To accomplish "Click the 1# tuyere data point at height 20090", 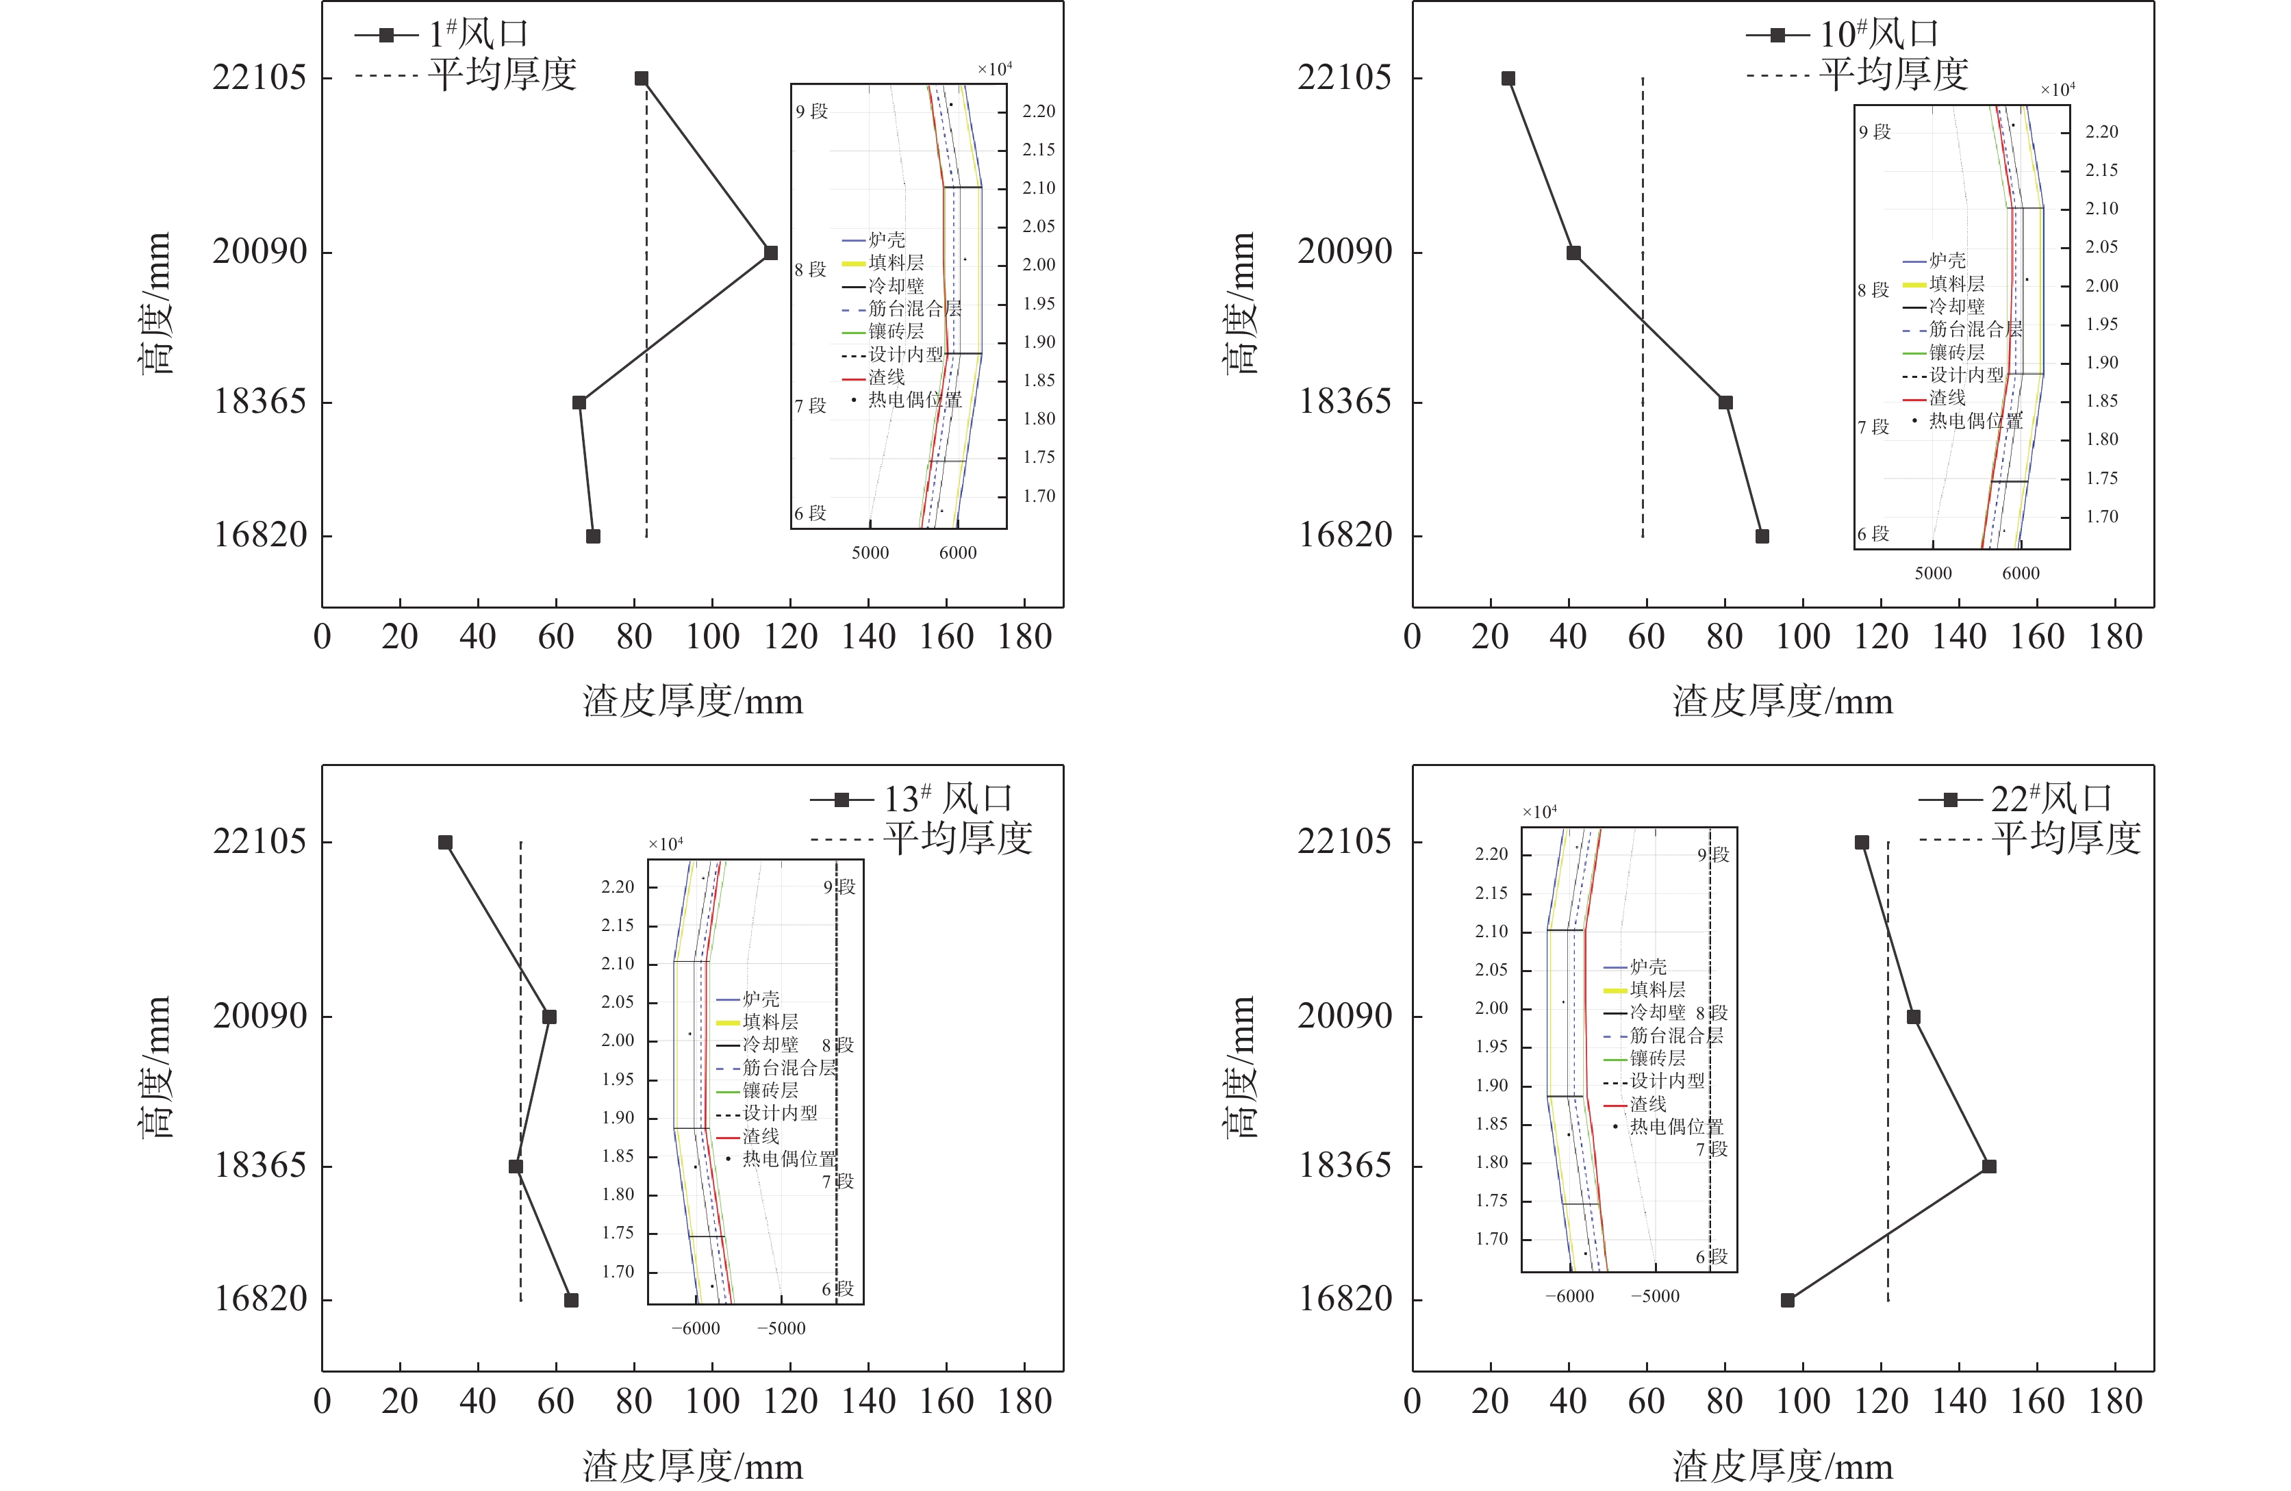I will pyautogui.click(x=770, y=253).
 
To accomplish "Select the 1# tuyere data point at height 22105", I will pyautogui.click(x=641, y=78).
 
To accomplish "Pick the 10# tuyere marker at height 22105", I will pyautogui.click(x=1508, y=78).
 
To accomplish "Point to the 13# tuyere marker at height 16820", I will pyautogui.click(x=571, y=1301).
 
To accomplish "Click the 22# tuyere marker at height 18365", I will pyautogui.click(x=1989, y=1167).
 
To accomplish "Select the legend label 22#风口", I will pyautogui.click(x=2051, y=799).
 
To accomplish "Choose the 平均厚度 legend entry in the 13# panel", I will pyautogui.click(x=958, y=839).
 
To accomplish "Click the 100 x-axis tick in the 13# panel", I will pyautogui.click(x=712, y=1401).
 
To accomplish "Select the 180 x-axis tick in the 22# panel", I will pyautogui.click(x=2115, y=1401).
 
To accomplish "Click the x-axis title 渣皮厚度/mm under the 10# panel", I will pyautogui.click(x=1783, y=702).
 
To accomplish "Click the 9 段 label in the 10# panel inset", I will pyautogui.click(x=1874, y=132).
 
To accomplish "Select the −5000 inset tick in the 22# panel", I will pyautogui.click(x=1655, y=1297).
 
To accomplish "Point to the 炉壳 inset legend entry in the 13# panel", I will pyautogui.click(x=761, y=999).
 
